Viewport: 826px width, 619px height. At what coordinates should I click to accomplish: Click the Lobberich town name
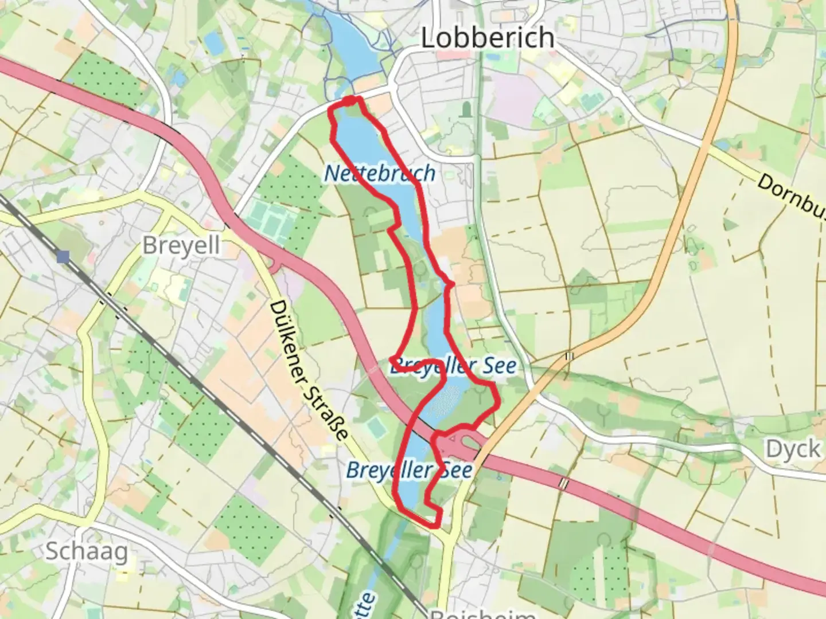coord(488,38)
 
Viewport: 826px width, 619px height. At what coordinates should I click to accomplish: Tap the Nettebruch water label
coord(379,173)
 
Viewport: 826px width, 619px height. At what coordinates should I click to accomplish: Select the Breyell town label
coord(181,245)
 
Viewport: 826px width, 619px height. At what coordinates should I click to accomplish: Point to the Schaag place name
coord(87,551)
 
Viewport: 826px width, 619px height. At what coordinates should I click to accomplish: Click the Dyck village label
coord(793,449)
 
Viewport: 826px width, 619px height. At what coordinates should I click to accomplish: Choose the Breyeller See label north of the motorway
coord(453,366)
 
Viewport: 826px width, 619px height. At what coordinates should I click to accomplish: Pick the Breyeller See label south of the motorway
coord(410,471)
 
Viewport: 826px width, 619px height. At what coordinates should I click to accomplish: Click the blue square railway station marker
coord(63,257)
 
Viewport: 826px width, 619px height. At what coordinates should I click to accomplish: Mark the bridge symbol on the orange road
coord(569,356)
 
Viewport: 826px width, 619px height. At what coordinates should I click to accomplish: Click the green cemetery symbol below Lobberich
coord(466,108)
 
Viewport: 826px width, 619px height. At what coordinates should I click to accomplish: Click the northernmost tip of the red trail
coord(349,100)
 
